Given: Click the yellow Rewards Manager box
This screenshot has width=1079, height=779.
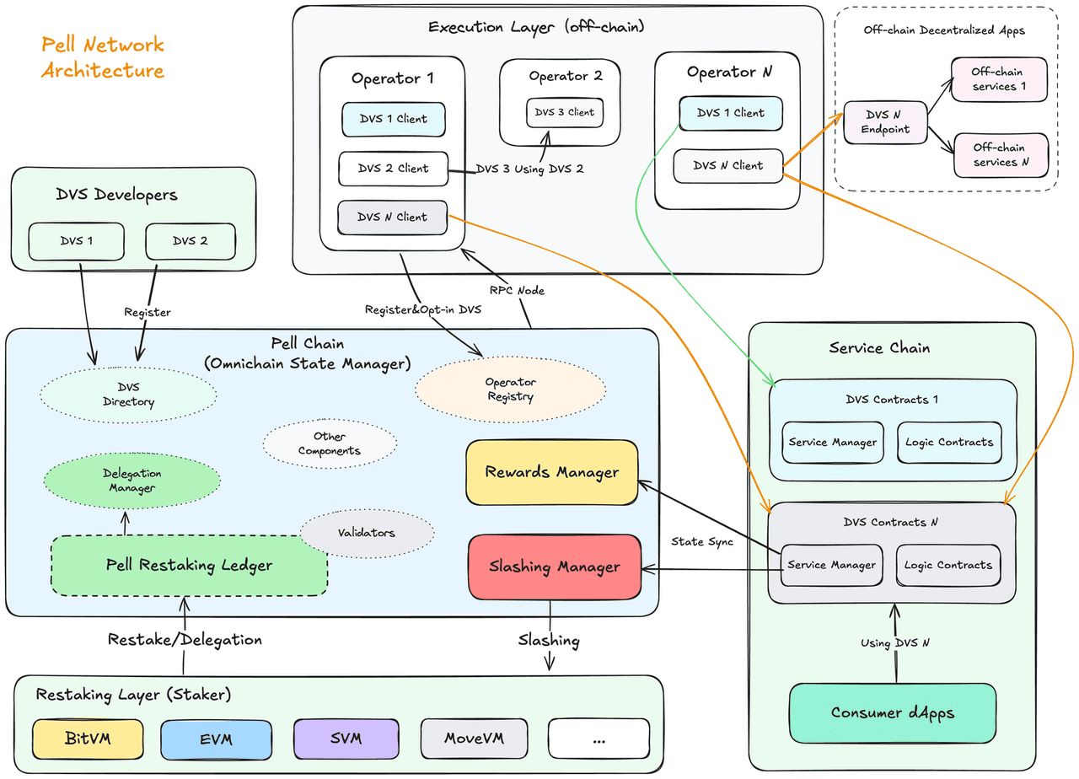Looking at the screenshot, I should click(552, 472).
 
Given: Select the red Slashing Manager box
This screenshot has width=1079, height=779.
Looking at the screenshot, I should click(554, 567).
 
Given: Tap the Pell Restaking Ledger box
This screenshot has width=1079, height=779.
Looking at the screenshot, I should click(189, 565).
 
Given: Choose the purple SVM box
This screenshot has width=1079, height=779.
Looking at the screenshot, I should click(346, 739).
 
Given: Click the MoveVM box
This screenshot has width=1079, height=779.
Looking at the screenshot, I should click(475, 739).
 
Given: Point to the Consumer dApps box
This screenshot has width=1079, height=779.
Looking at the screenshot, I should click(893, 712).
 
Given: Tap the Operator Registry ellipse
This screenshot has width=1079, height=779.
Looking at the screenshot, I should click(510, 389).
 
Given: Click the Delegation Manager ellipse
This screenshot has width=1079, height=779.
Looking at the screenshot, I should click(132, 481).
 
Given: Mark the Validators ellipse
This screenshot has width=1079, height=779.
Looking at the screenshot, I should click(367, 533).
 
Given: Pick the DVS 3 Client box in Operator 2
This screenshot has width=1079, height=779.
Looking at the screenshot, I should click(565, 112).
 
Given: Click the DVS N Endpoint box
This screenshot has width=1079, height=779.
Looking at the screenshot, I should click(885, 122).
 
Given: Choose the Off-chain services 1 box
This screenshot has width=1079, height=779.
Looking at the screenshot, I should click(999, 79).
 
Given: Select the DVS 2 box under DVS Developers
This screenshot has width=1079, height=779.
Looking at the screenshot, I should click(190, 241).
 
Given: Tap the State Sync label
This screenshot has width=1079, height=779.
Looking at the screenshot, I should click(701, 541).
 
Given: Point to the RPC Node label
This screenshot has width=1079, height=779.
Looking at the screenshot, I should click(518, 290).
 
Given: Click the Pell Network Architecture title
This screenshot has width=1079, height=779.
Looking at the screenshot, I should click(103, 57).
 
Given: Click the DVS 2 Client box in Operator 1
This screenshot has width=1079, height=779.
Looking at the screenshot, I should click(393, 169).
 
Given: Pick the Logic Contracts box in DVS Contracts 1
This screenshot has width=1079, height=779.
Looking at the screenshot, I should click(949, 442).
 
